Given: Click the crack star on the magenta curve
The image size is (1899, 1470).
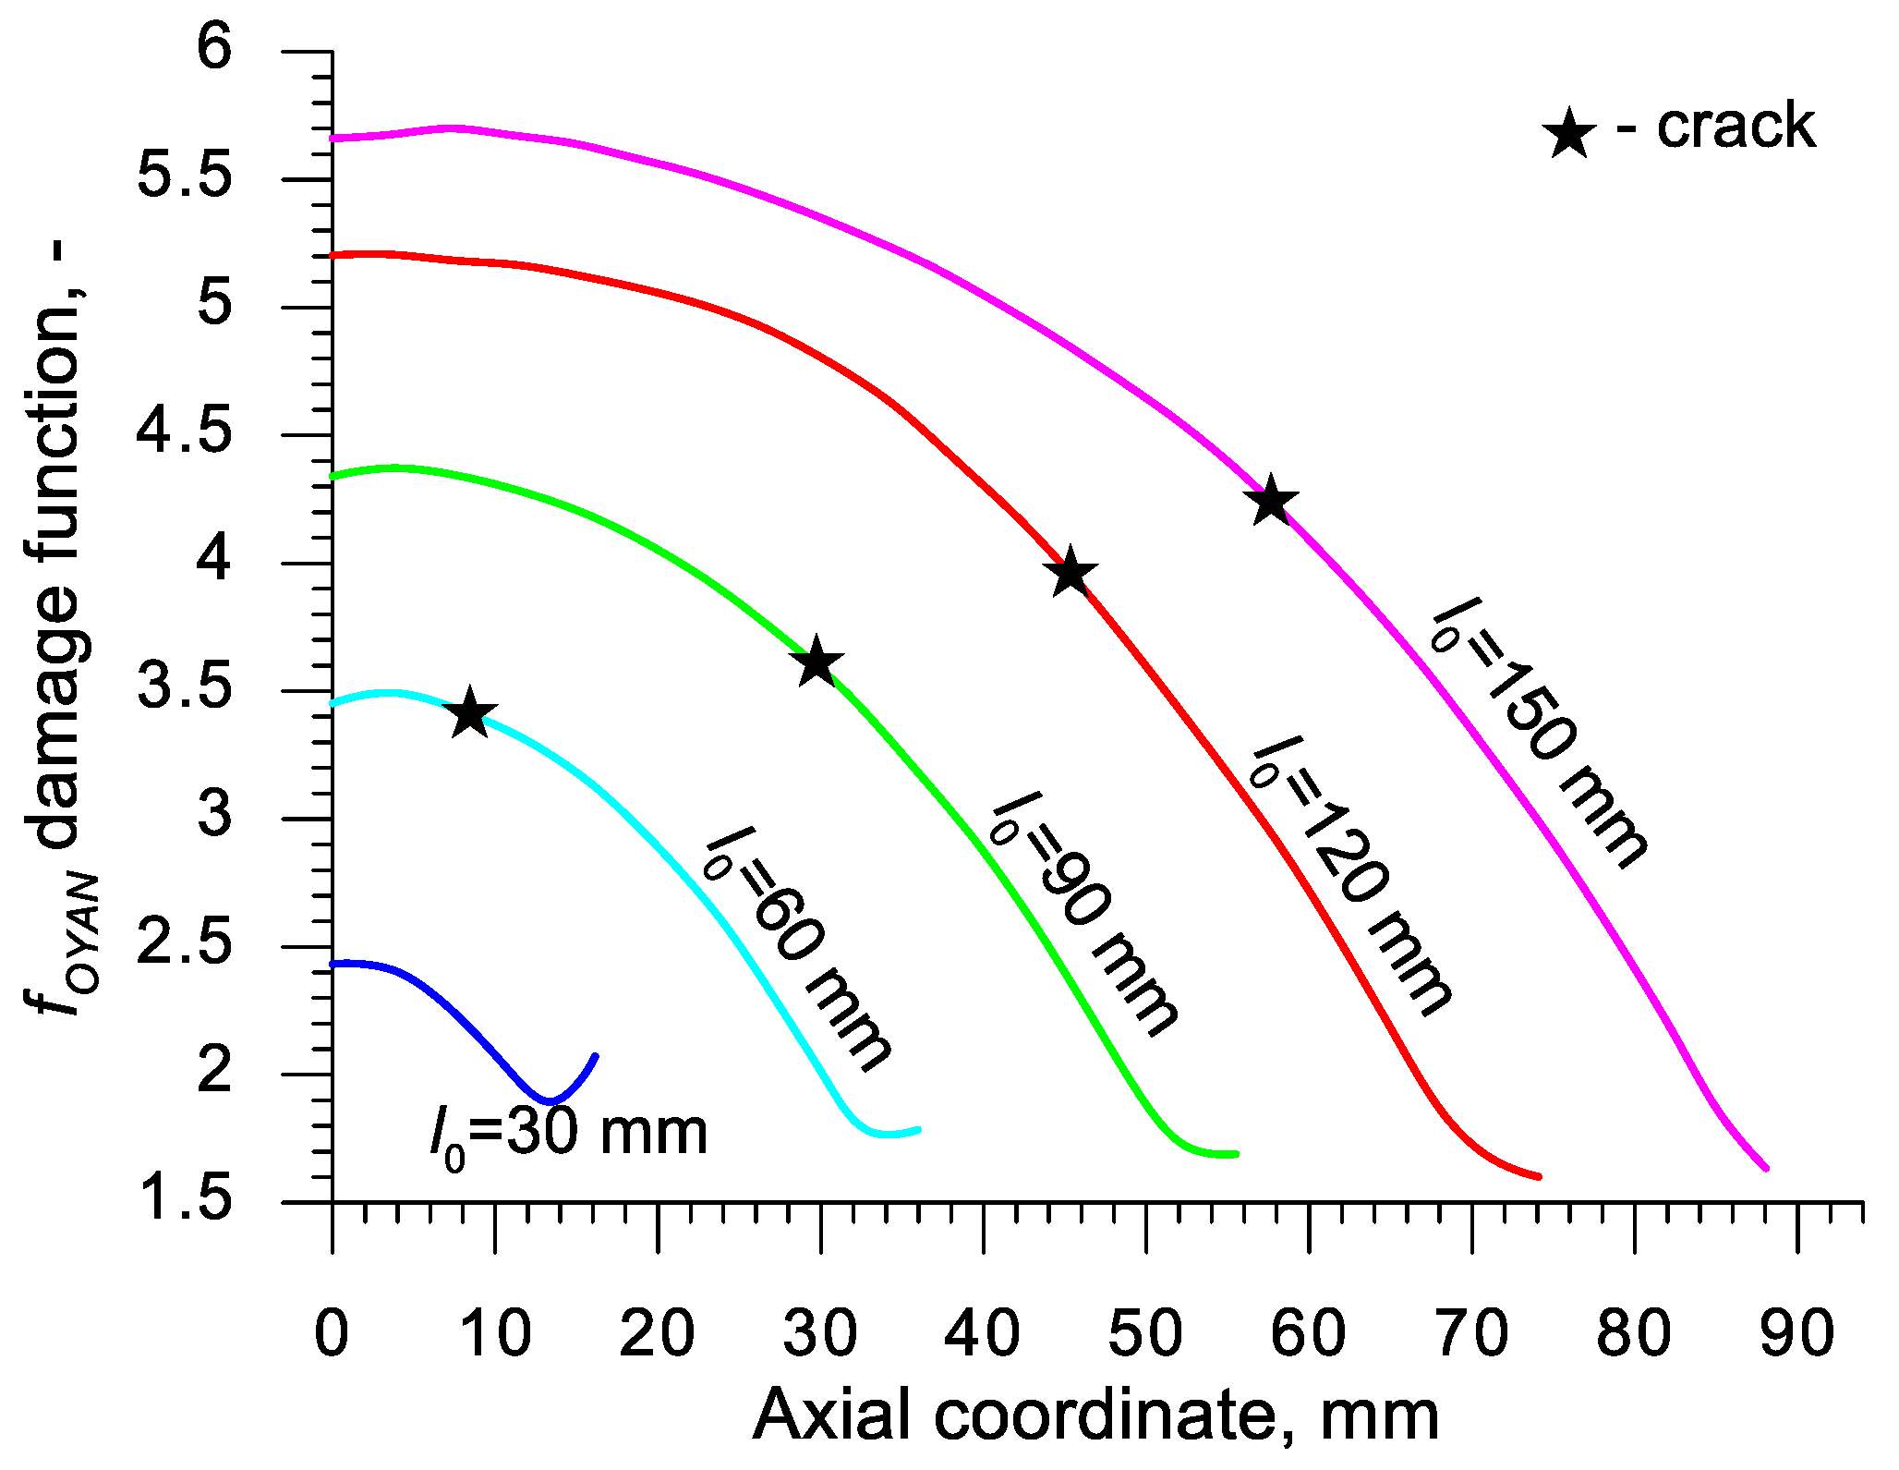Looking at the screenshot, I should [1272, 502].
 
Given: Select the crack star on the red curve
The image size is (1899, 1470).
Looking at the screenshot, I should [1070, 573].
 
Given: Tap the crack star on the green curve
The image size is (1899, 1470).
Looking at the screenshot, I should [816, 662].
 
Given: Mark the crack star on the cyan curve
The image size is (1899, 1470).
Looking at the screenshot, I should [470, 713].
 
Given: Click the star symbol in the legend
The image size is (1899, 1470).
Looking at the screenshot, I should [1568, 134].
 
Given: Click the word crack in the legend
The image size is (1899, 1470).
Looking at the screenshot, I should [1736, 127].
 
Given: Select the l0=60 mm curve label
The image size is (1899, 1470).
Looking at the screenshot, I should [797, 952].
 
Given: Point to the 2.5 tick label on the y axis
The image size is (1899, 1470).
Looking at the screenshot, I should [184, 946].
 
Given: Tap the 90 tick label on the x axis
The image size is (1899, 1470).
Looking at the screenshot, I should [1796, 1334].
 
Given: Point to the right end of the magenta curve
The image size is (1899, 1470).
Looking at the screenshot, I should [1765, 1168].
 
